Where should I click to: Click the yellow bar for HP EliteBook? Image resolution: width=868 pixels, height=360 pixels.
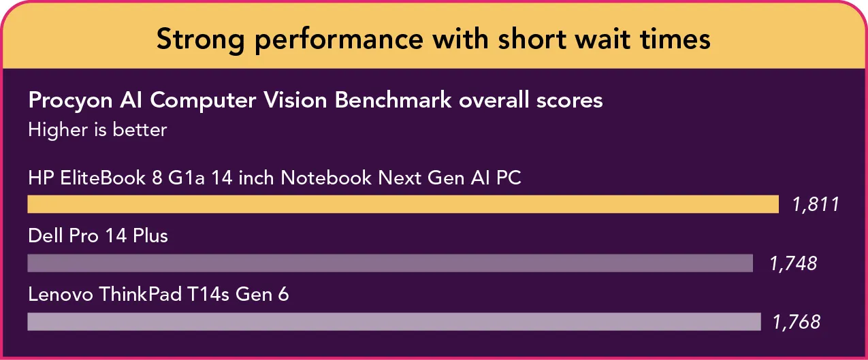(403, 204)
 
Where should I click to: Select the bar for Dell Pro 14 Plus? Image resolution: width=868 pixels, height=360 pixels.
(390, 263)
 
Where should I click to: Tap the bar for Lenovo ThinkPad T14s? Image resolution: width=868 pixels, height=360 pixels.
(394, 322)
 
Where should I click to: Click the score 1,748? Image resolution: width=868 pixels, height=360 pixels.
(793, 263)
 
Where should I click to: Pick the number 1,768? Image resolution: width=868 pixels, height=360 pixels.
(797, 322)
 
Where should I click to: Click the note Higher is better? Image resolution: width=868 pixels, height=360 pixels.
(97, 129)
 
